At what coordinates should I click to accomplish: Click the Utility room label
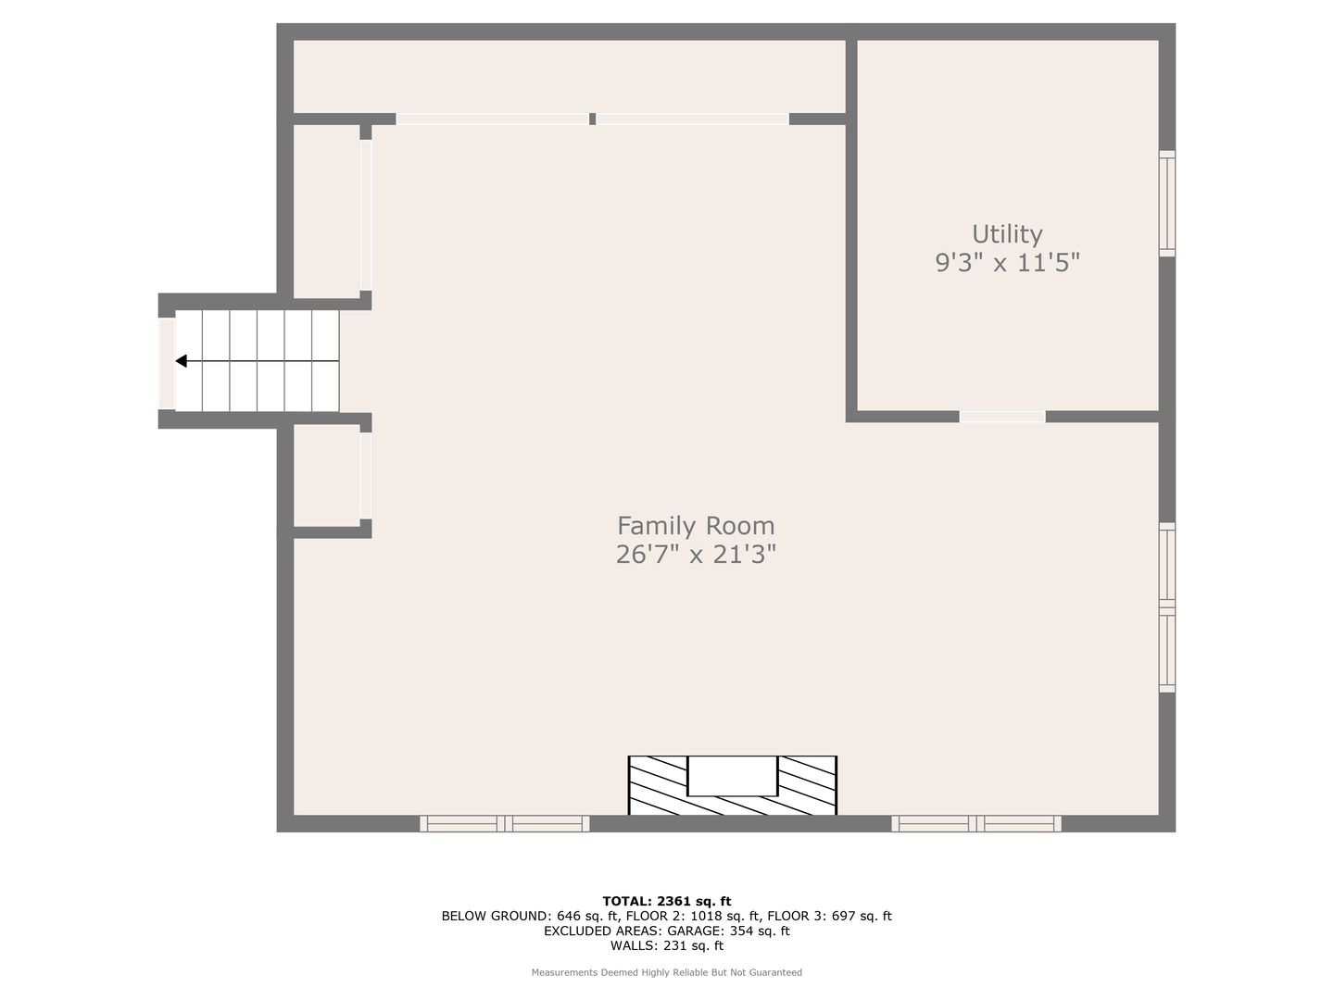[x=1007, y=233]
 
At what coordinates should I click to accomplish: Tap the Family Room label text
[x=696, y=525]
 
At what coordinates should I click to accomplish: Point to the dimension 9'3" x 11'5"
[x=1007, y=263]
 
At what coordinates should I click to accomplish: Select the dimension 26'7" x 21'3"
[x=696, y=555]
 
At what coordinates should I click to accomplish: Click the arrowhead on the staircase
[x=181, y=361]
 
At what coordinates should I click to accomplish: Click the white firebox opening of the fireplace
[x=733, y=775]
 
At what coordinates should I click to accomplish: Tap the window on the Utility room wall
[x=1167, y=204]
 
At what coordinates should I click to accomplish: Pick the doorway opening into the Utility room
[x=1002, y=417]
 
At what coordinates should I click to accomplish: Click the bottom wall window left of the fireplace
[x=505, y=824]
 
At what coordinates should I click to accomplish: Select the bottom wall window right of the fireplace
[x=976, y=824]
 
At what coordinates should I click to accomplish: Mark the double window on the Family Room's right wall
[x=1167, y=607]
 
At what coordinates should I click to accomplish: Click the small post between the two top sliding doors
[x=593, y=119]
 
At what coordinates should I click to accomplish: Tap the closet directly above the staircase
[x=327, y=211]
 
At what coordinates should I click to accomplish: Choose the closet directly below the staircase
[x=327, y=475]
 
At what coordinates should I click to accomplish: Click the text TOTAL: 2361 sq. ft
[x=667, y=901]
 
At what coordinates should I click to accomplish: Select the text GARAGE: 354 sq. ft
[x=728, y=931]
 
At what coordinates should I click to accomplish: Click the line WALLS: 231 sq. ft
[x=667, y=945]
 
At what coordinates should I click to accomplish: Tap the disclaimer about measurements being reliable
[x=667, y=972]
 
